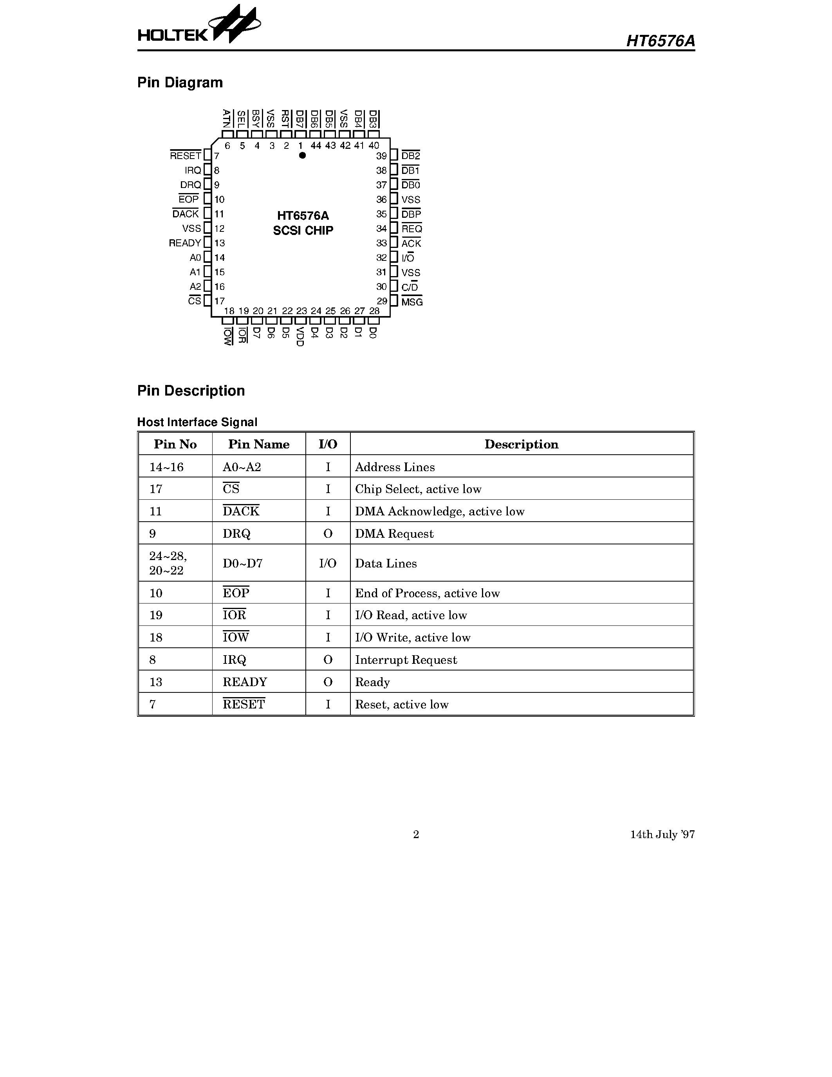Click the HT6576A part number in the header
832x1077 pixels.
click(x=660, y=41)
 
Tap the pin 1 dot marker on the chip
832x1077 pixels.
click(x=302, y=155)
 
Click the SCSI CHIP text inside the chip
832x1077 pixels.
click(x=303, y=230)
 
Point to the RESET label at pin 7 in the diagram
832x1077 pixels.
click(x=185, y=156)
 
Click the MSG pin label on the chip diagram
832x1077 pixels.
click(x=411, y=302)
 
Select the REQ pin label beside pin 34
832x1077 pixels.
click(x=411, y=229)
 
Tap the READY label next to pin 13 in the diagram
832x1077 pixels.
click(x=185, y=243)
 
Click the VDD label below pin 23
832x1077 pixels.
click(x=300, y=336)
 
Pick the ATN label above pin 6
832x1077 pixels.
click(x=227, y=119)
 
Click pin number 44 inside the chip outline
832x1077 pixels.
click(x=316, y=145)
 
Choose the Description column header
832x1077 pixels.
click(x=522, y=445)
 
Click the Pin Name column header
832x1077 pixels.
click(x=259, y=445)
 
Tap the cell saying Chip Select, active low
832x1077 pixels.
click(x=418, y=489)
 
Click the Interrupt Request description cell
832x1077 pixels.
click(x=406, y=660)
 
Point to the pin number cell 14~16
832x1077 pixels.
click(x=167, y=467)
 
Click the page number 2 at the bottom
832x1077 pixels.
click(x=416, y=834)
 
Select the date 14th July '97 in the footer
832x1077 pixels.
click(x=662, y=834)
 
